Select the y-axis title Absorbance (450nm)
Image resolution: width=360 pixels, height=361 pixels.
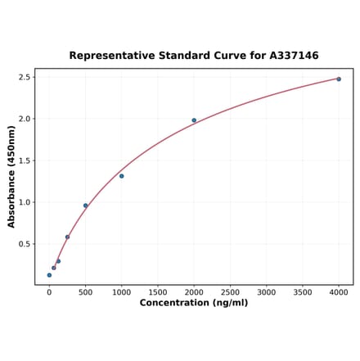point(11,177)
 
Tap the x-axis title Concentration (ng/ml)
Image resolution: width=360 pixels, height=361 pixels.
point(194,303)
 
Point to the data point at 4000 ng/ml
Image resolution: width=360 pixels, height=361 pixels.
point(339,79)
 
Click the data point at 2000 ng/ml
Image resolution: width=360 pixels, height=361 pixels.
point(194,120)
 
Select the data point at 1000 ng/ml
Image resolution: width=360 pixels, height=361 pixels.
point(122,176)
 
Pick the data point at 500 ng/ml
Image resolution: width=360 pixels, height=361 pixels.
point(85,205)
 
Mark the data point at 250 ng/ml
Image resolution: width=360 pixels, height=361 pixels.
point(67,237)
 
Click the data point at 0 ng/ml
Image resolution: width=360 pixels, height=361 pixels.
point(49,275)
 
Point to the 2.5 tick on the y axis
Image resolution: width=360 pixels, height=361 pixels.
point(25,77)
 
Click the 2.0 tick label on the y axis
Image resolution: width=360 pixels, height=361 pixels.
point(25,119)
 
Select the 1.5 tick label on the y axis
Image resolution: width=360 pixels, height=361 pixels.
point(25,160)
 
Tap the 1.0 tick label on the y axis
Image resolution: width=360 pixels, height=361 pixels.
point(25,202)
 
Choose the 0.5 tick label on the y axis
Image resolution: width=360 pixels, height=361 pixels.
point(25,244)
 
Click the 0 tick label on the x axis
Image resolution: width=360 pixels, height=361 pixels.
point(49,291)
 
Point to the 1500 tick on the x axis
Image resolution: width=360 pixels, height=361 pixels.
point(158,291)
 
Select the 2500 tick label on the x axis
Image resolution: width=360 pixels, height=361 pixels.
point(230,291)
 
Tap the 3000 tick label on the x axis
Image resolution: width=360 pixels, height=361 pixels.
point(267,291)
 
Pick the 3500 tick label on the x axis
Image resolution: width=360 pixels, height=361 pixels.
point(303,291)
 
